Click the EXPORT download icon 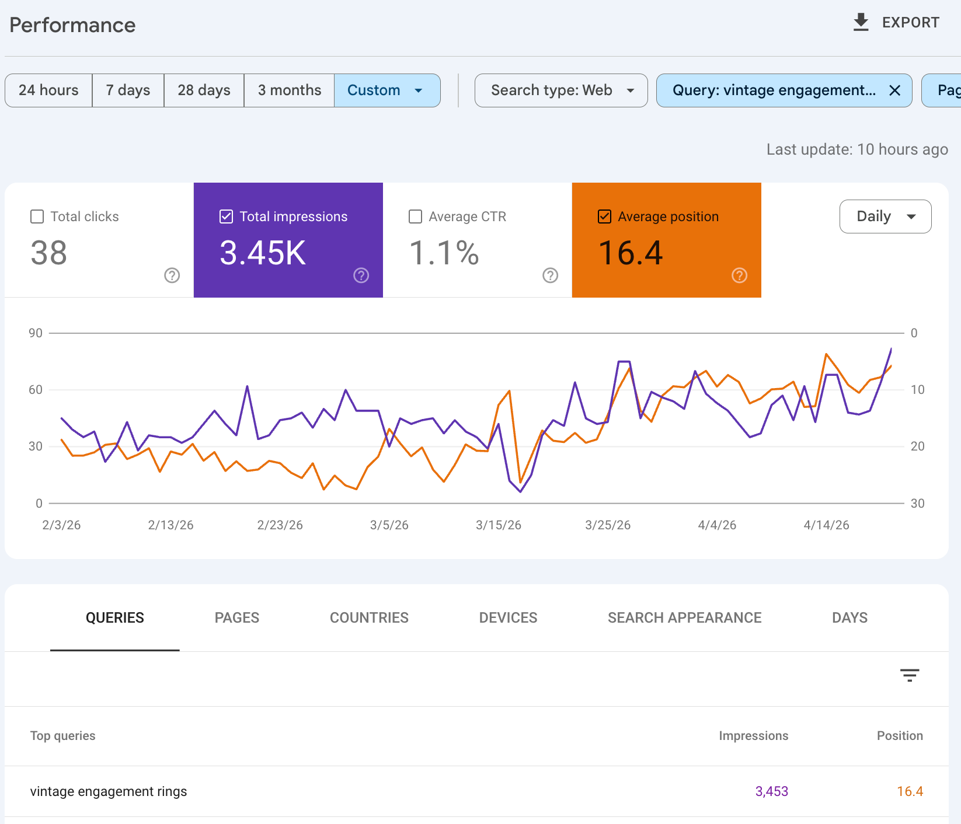point(861,23)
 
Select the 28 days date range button point(204,90)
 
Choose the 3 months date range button point(289,90)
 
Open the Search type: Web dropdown point(560,90)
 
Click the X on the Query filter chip point(894,90)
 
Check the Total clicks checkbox point(37,217)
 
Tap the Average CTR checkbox point(416,217)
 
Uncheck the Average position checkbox point(605,217)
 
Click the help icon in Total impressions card point(361,275)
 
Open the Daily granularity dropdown point(885,217)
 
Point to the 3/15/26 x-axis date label point(498,525)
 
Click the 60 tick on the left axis point(36,390)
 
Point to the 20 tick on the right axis point(917,446)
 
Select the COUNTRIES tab point(369,617)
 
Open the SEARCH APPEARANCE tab point(684,617)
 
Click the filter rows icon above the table point(909,675)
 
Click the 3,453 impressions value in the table point(771,791)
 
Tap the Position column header point(899,736)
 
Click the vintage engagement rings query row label point(109,791)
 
